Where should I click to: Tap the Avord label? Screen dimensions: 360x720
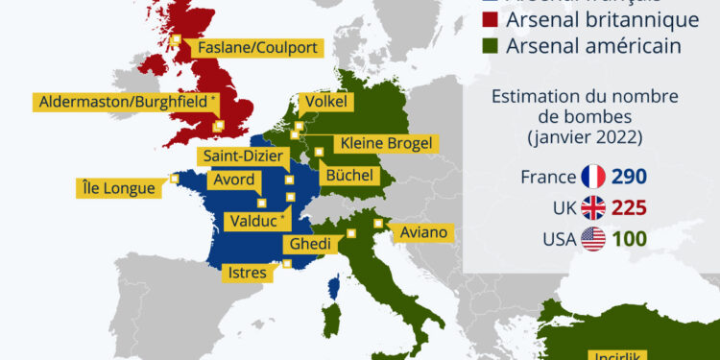point(232,179)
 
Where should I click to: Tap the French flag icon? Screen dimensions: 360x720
point(592,177)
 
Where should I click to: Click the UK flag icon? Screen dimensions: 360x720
point(592,207)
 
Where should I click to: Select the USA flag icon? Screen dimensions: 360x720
point(592,239)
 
